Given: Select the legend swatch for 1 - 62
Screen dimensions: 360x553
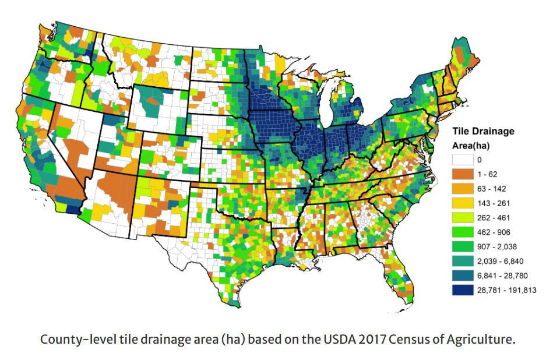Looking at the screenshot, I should pyautogui.click(x=463, y=174).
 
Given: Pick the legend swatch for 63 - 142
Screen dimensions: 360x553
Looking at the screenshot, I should pyautogui.click(x=463, y=188).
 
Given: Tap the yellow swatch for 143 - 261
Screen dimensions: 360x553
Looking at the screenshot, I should pyautogui.click(x=463, y=203).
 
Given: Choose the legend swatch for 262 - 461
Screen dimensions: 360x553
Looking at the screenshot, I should pyautogui.click(x=463, y=217).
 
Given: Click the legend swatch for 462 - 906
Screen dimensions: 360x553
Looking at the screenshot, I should pyautogui.click(x=463, y=232).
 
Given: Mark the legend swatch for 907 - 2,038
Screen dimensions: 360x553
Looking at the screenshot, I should pyautogui.click(x=463, y=246).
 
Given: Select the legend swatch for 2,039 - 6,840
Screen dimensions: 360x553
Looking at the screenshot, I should pyautogui.click(x=463, y=261).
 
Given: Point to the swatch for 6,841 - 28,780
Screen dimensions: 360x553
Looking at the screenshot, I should pyautogui.click(x=463, y=276).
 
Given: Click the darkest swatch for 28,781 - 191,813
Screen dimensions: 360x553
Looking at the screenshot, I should pyautogui.click(x=463, y=290).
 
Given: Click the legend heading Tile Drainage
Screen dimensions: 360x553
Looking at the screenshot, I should pyautogui.click(x=484, y=131).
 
